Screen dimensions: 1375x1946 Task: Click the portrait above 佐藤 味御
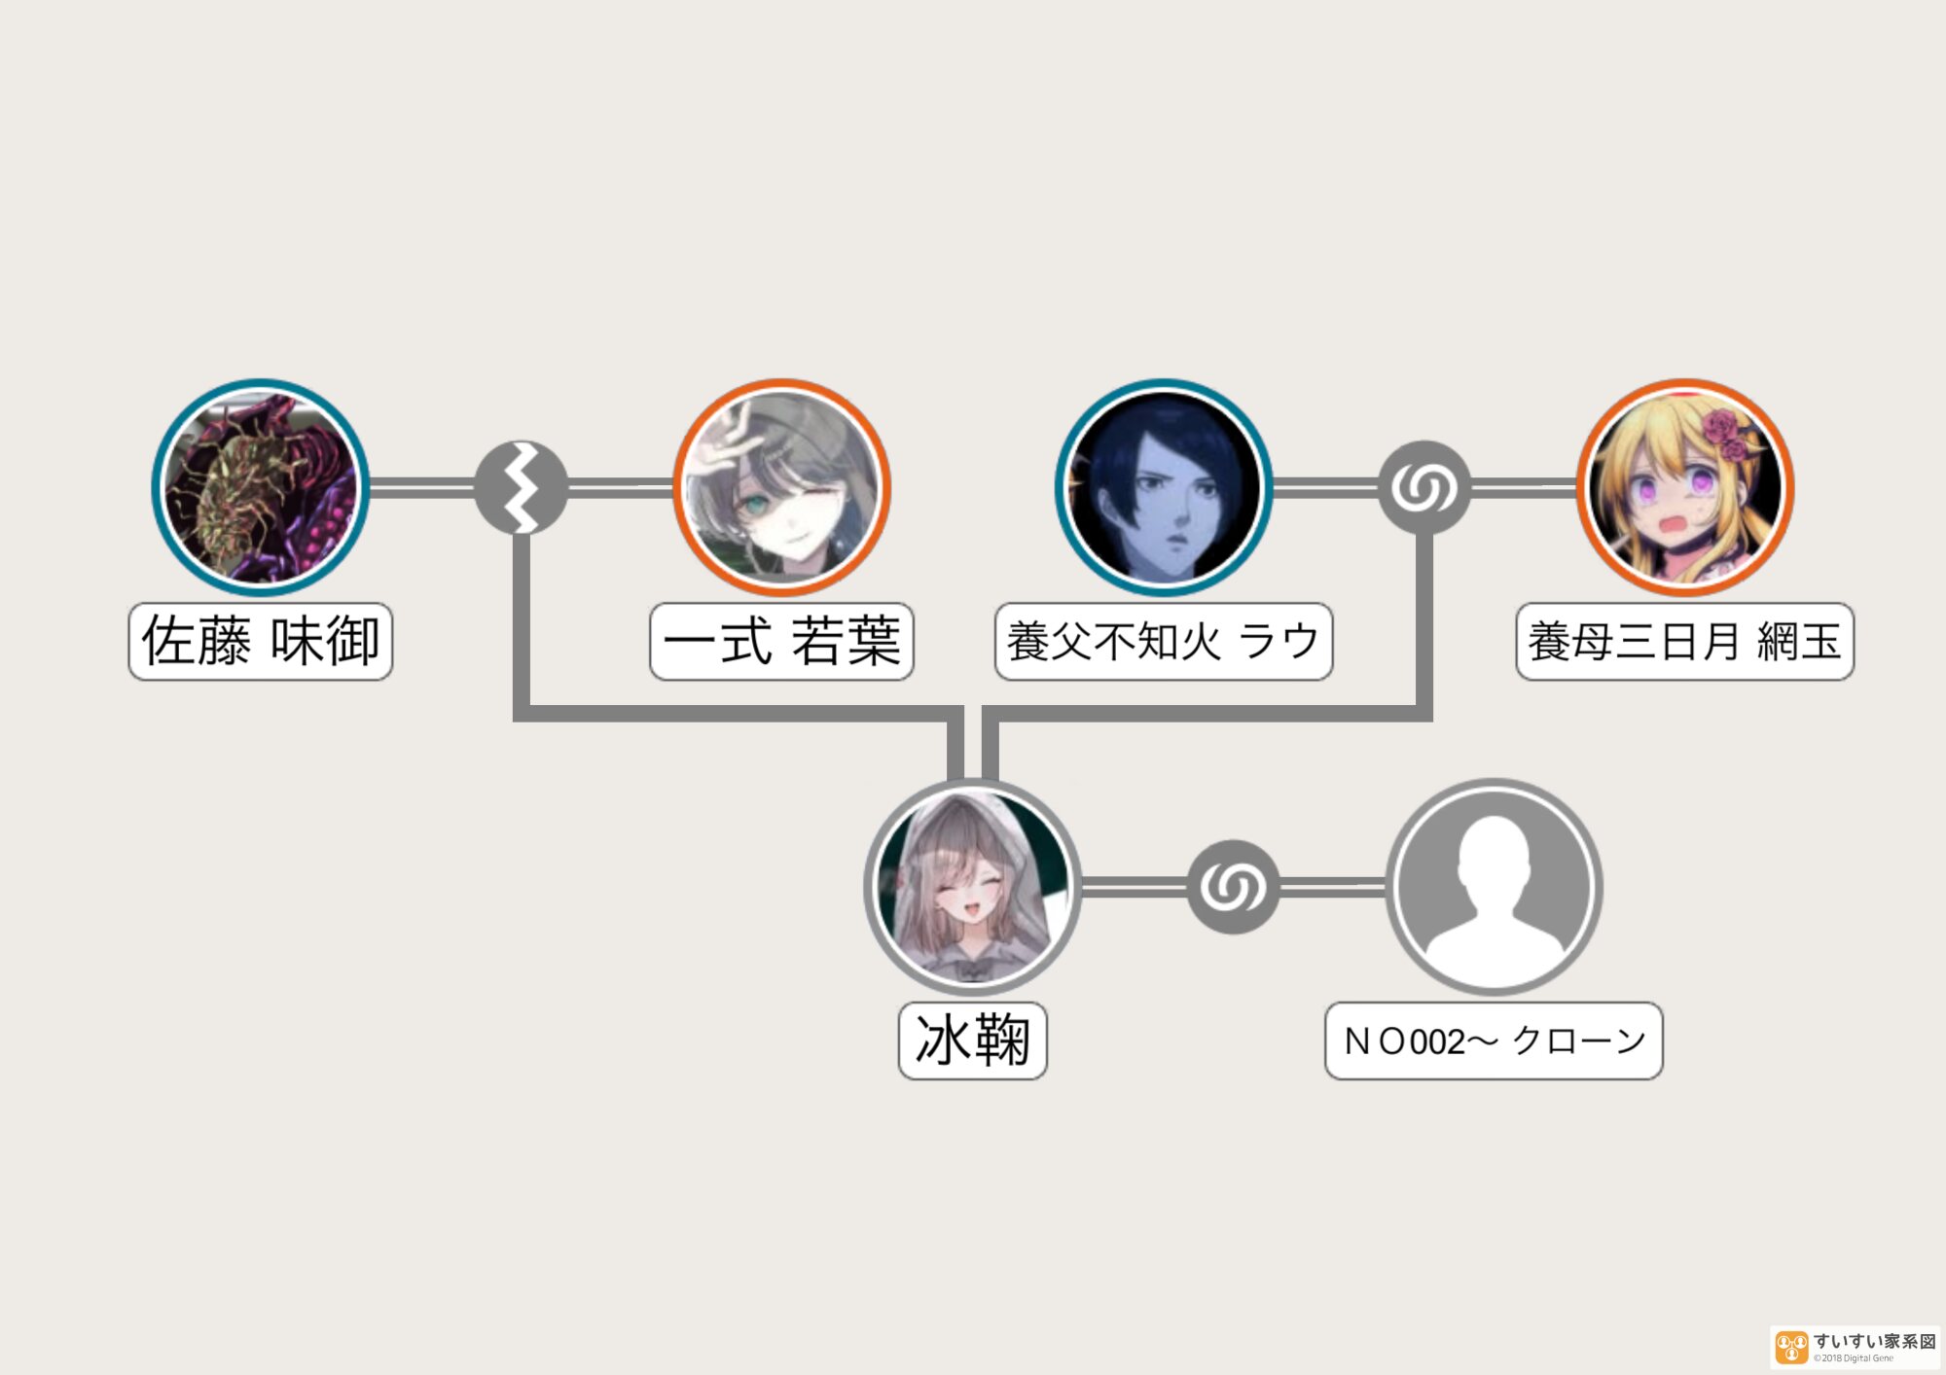pos(260,487)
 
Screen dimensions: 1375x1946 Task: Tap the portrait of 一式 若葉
pos(781,487)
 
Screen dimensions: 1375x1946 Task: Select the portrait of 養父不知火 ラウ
pos(1164,487)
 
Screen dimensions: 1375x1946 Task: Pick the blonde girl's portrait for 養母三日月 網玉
pos(1685,487)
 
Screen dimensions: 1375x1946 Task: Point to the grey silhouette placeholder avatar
pos(1494,887)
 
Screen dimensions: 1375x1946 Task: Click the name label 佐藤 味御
pos(260,642)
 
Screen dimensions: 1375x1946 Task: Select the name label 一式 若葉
pos(781,642)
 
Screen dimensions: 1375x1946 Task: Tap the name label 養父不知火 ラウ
pos(1164,642)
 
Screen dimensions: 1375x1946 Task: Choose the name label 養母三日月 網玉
pos(1685,642)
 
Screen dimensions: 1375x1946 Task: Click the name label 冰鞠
pos(972,1041)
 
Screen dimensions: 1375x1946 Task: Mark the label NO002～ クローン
pos(1494,1041)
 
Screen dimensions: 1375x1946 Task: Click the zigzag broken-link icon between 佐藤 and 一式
pos(521,487)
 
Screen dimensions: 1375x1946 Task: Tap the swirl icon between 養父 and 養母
pos(1424,487)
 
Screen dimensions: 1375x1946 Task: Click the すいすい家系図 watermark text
pos(1874,1342)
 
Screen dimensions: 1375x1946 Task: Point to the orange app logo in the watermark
pos(1791,1348)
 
